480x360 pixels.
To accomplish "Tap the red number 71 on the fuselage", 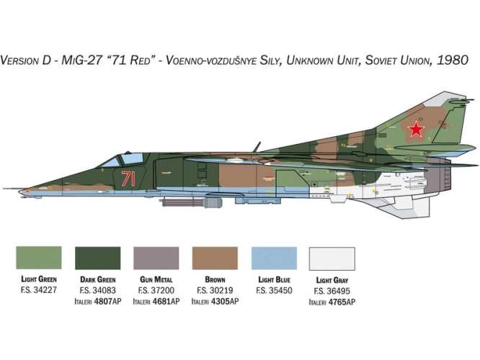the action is [x=128, y=179].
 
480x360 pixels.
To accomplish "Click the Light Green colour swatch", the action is [x=39, y=258].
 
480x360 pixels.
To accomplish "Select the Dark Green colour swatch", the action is [x=97, y=258].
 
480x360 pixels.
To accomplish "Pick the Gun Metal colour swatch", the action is [x=156, y=258].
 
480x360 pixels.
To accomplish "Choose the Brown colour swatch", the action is [x=215, y=258].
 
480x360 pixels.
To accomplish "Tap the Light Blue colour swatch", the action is [x=274, y=258].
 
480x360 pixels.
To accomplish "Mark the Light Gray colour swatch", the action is [x=332, y=258].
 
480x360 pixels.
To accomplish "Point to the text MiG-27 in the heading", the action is [x=81, y=60].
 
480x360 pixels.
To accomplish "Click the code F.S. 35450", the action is [x=274, y=290].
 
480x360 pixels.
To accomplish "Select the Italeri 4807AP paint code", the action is [x=97, y=301].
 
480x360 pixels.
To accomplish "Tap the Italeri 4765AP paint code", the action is [x=332, y=302].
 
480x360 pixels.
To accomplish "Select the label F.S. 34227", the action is [x=39, y=289].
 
